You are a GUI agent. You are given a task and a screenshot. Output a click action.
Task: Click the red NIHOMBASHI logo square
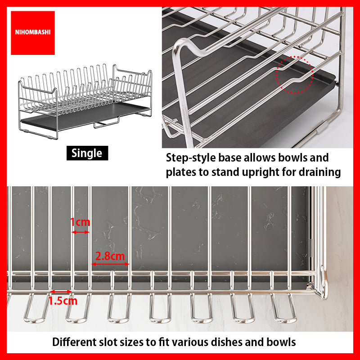[x=33, y=33]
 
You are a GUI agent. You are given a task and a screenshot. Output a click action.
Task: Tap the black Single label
[x=87, y=153]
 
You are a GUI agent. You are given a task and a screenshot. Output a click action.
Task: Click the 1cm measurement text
[x=80, y=222]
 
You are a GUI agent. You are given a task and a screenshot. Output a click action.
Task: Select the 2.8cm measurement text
[x=110, y=256]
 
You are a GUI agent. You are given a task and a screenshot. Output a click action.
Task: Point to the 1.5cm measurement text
[x=63, y=301]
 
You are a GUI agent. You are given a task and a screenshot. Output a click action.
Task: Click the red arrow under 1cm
[x=81, y=232]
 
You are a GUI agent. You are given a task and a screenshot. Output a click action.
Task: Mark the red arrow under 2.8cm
[x=110, y=264]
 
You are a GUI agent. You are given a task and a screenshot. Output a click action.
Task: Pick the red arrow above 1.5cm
[x=61, y=292]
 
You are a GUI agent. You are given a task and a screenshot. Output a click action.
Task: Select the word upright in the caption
[x=260, y=173]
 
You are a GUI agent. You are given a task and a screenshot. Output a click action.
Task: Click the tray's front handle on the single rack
[x=106, y=124]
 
